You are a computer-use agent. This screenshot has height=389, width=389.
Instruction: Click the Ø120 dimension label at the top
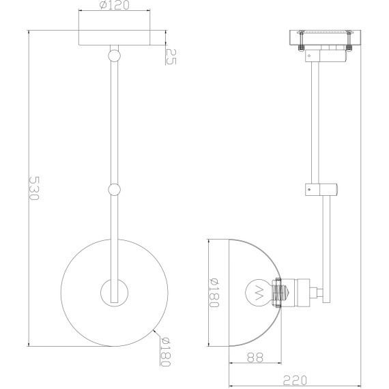115,7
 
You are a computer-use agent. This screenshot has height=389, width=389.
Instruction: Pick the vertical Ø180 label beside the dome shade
214,292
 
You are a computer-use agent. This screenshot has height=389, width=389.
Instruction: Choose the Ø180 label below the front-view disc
164,354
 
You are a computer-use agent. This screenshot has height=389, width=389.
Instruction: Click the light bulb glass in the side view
258,293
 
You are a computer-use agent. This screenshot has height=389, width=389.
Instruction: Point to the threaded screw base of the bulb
278,293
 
